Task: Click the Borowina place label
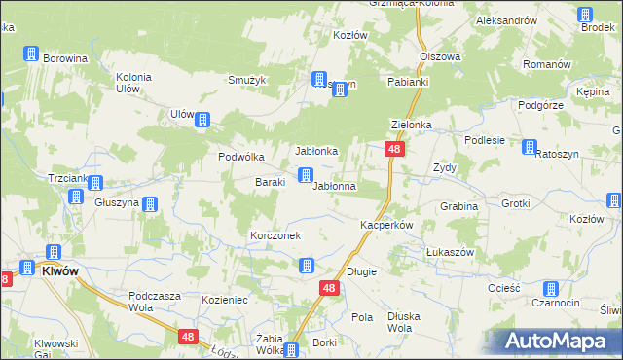click(x=65, y=58)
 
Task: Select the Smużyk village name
click(x=247, y=80)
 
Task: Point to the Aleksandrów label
click(x=507, y=20)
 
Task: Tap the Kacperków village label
click(x=387, y=225)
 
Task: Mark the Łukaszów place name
click(x=450, y=251)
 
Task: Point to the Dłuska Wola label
click(x=409, y=322)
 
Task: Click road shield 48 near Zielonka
click(x=393, y=149)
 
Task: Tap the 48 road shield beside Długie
click(x=329, y=289)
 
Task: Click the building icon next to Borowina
click(x=30, y=54)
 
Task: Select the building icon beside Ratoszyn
click(x=530, y=148)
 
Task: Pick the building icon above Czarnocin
click(x=550, y=289)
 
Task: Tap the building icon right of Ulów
click(x=202, y=121)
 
